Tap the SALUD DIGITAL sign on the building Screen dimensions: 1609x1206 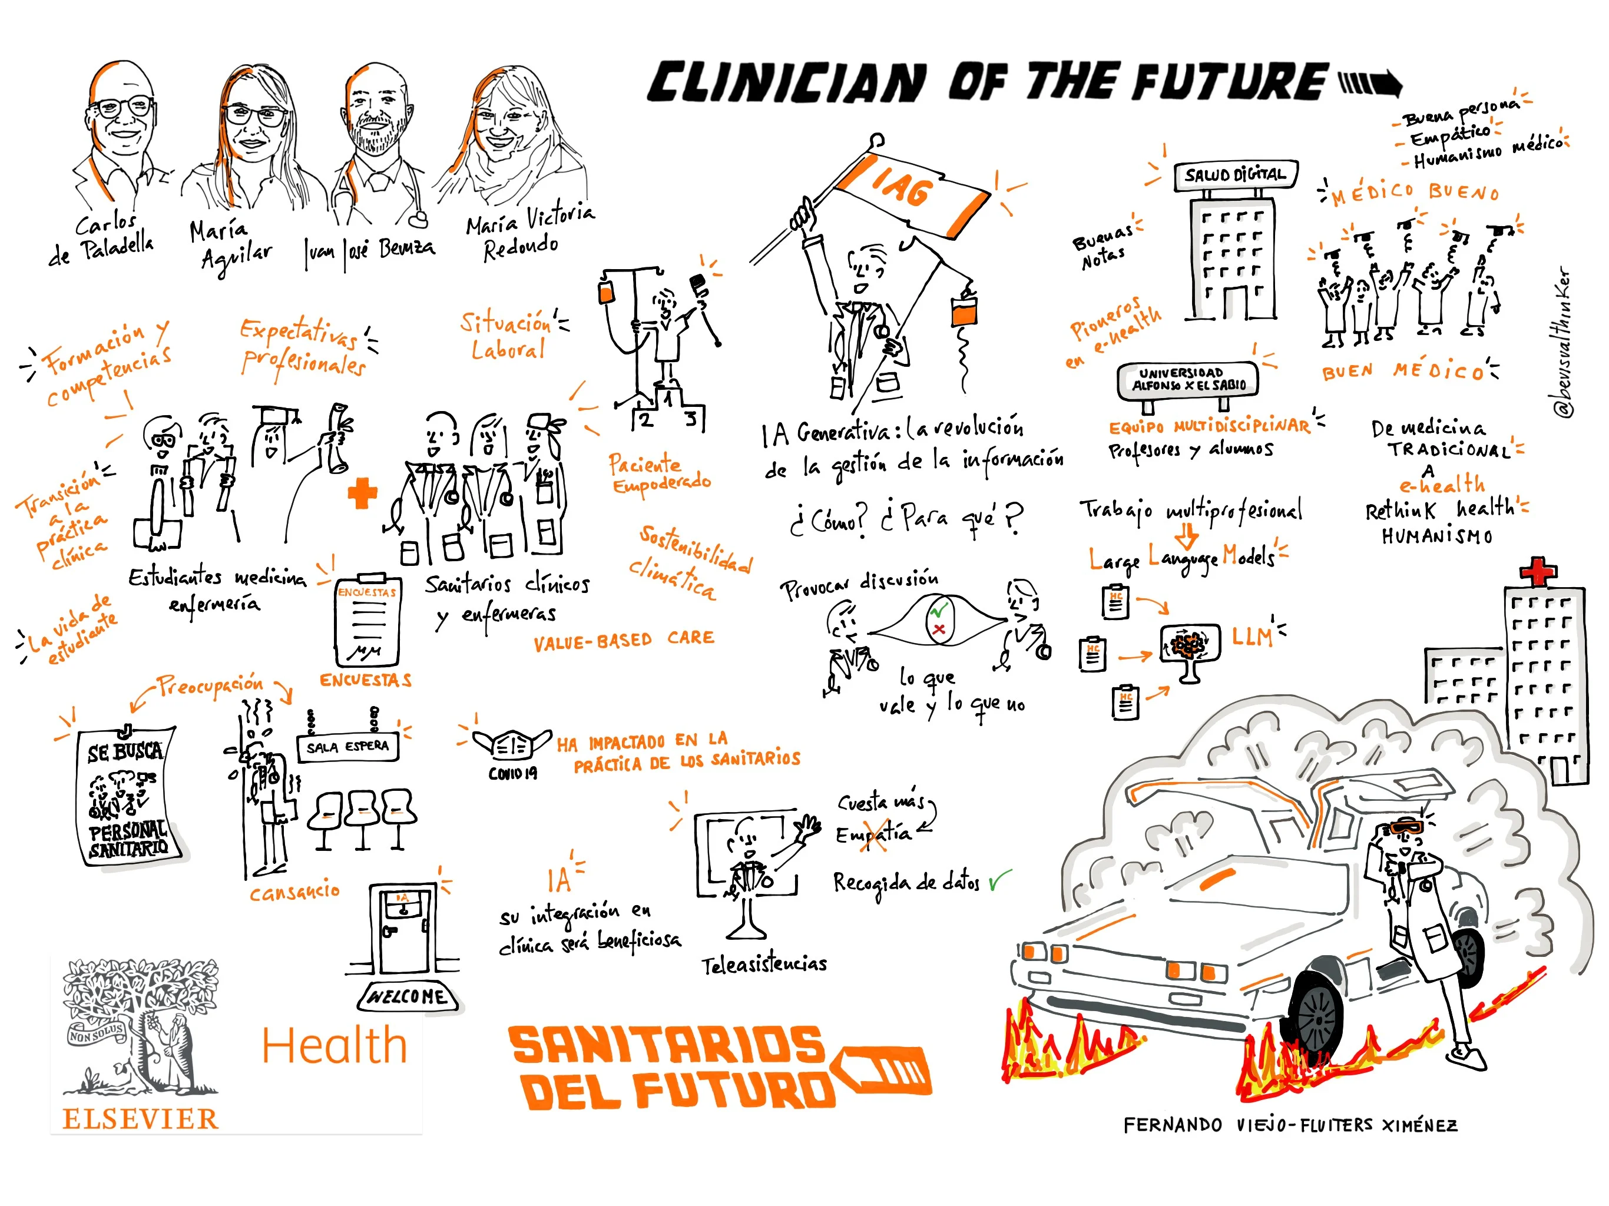(x=1235, y=175)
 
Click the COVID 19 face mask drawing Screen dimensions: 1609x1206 (x=512, y=745)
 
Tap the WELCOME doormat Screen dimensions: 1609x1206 (x=408, y=996)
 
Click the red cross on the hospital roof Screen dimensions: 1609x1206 (x=1538, y=571)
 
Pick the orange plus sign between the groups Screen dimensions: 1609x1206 (x=362, y=494)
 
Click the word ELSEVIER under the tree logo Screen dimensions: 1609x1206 (x=140, y=1119)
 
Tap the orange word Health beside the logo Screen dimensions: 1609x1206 (x=334, y=1046)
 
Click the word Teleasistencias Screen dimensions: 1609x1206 (x=764, y=965)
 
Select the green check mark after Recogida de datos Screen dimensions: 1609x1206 (x=999, y=882)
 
